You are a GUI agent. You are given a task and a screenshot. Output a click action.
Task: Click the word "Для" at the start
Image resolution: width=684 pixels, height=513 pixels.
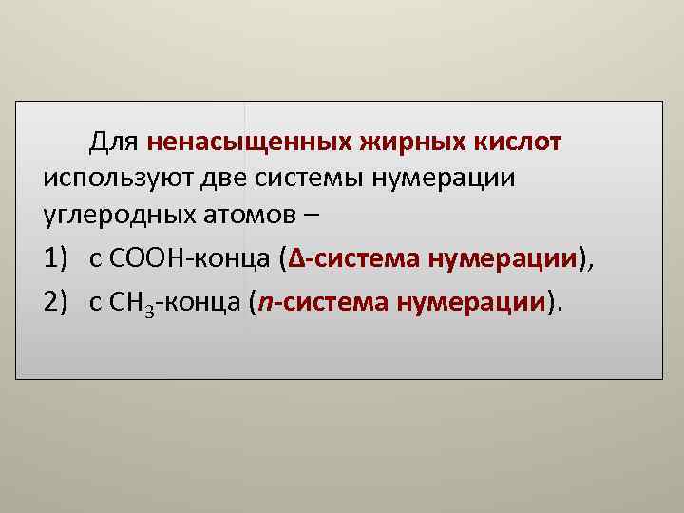(115, 142)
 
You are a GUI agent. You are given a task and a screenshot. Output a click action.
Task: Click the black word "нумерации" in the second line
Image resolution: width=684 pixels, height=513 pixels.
(446, 178)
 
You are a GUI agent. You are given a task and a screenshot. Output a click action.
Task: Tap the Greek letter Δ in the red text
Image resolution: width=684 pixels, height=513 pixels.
(294, 258)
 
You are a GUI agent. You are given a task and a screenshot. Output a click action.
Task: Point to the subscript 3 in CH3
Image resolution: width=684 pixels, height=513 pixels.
(148, 308)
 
